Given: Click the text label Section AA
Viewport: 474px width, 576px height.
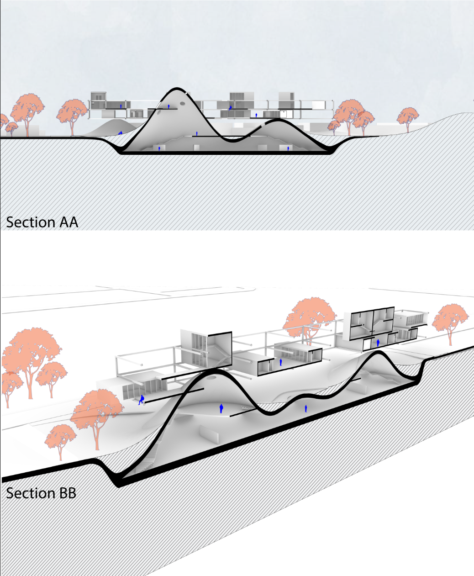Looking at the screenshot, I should [42, 222].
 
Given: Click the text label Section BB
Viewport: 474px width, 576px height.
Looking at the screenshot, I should [41, 493].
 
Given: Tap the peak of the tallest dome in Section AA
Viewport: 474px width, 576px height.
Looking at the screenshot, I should [176, 89].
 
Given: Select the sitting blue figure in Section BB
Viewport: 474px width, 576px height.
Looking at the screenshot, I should [142, 400].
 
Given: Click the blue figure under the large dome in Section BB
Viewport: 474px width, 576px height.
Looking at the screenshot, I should [221, 408].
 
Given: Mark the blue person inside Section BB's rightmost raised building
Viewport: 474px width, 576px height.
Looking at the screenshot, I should [378, 343].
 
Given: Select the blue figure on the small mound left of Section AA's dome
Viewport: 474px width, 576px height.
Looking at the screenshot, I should [121, 132].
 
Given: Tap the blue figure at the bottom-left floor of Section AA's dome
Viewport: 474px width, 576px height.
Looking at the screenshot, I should [159, 148].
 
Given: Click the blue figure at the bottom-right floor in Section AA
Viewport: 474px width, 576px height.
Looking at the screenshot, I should [288, 148].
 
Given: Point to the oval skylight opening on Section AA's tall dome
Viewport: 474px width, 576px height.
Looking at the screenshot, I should [182, 104].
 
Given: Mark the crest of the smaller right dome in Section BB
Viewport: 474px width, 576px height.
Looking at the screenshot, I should [379, 352].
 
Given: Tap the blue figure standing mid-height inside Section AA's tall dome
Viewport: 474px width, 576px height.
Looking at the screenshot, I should [197, 133].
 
